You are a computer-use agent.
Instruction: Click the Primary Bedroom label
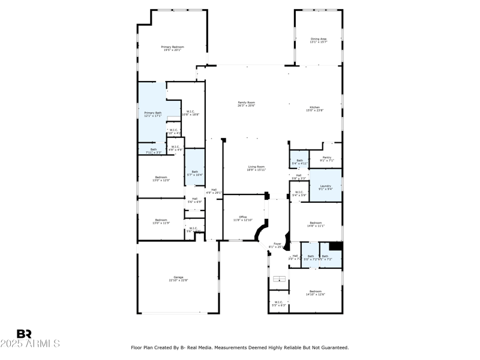click(172, 48)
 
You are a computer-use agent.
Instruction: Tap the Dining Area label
click(318, 40)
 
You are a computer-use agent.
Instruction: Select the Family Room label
click(246, 104)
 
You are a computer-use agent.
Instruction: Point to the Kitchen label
click(315, 109)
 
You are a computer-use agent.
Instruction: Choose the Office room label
click(243, 218)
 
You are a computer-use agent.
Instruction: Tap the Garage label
click(178, 278)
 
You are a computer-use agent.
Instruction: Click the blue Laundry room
click(325, 188)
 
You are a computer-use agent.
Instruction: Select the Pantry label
click(326, 159)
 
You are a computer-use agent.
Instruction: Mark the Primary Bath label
click(152, 114)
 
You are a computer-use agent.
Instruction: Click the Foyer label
click(278, 245)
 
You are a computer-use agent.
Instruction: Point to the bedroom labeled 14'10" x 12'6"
click(315, 292)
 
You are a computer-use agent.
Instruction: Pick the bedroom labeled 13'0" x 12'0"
click(161, 178)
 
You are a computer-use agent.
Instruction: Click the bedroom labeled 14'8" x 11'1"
click(315, 224)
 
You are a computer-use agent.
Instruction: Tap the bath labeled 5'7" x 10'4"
click(194, 173)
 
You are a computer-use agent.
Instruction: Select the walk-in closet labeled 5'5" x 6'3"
click(278, 304)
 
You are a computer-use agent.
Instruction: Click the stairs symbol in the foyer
click(278, 279)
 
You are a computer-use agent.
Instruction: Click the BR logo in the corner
click(24, 334)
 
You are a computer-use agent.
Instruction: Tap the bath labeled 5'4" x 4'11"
click(299, 161)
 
